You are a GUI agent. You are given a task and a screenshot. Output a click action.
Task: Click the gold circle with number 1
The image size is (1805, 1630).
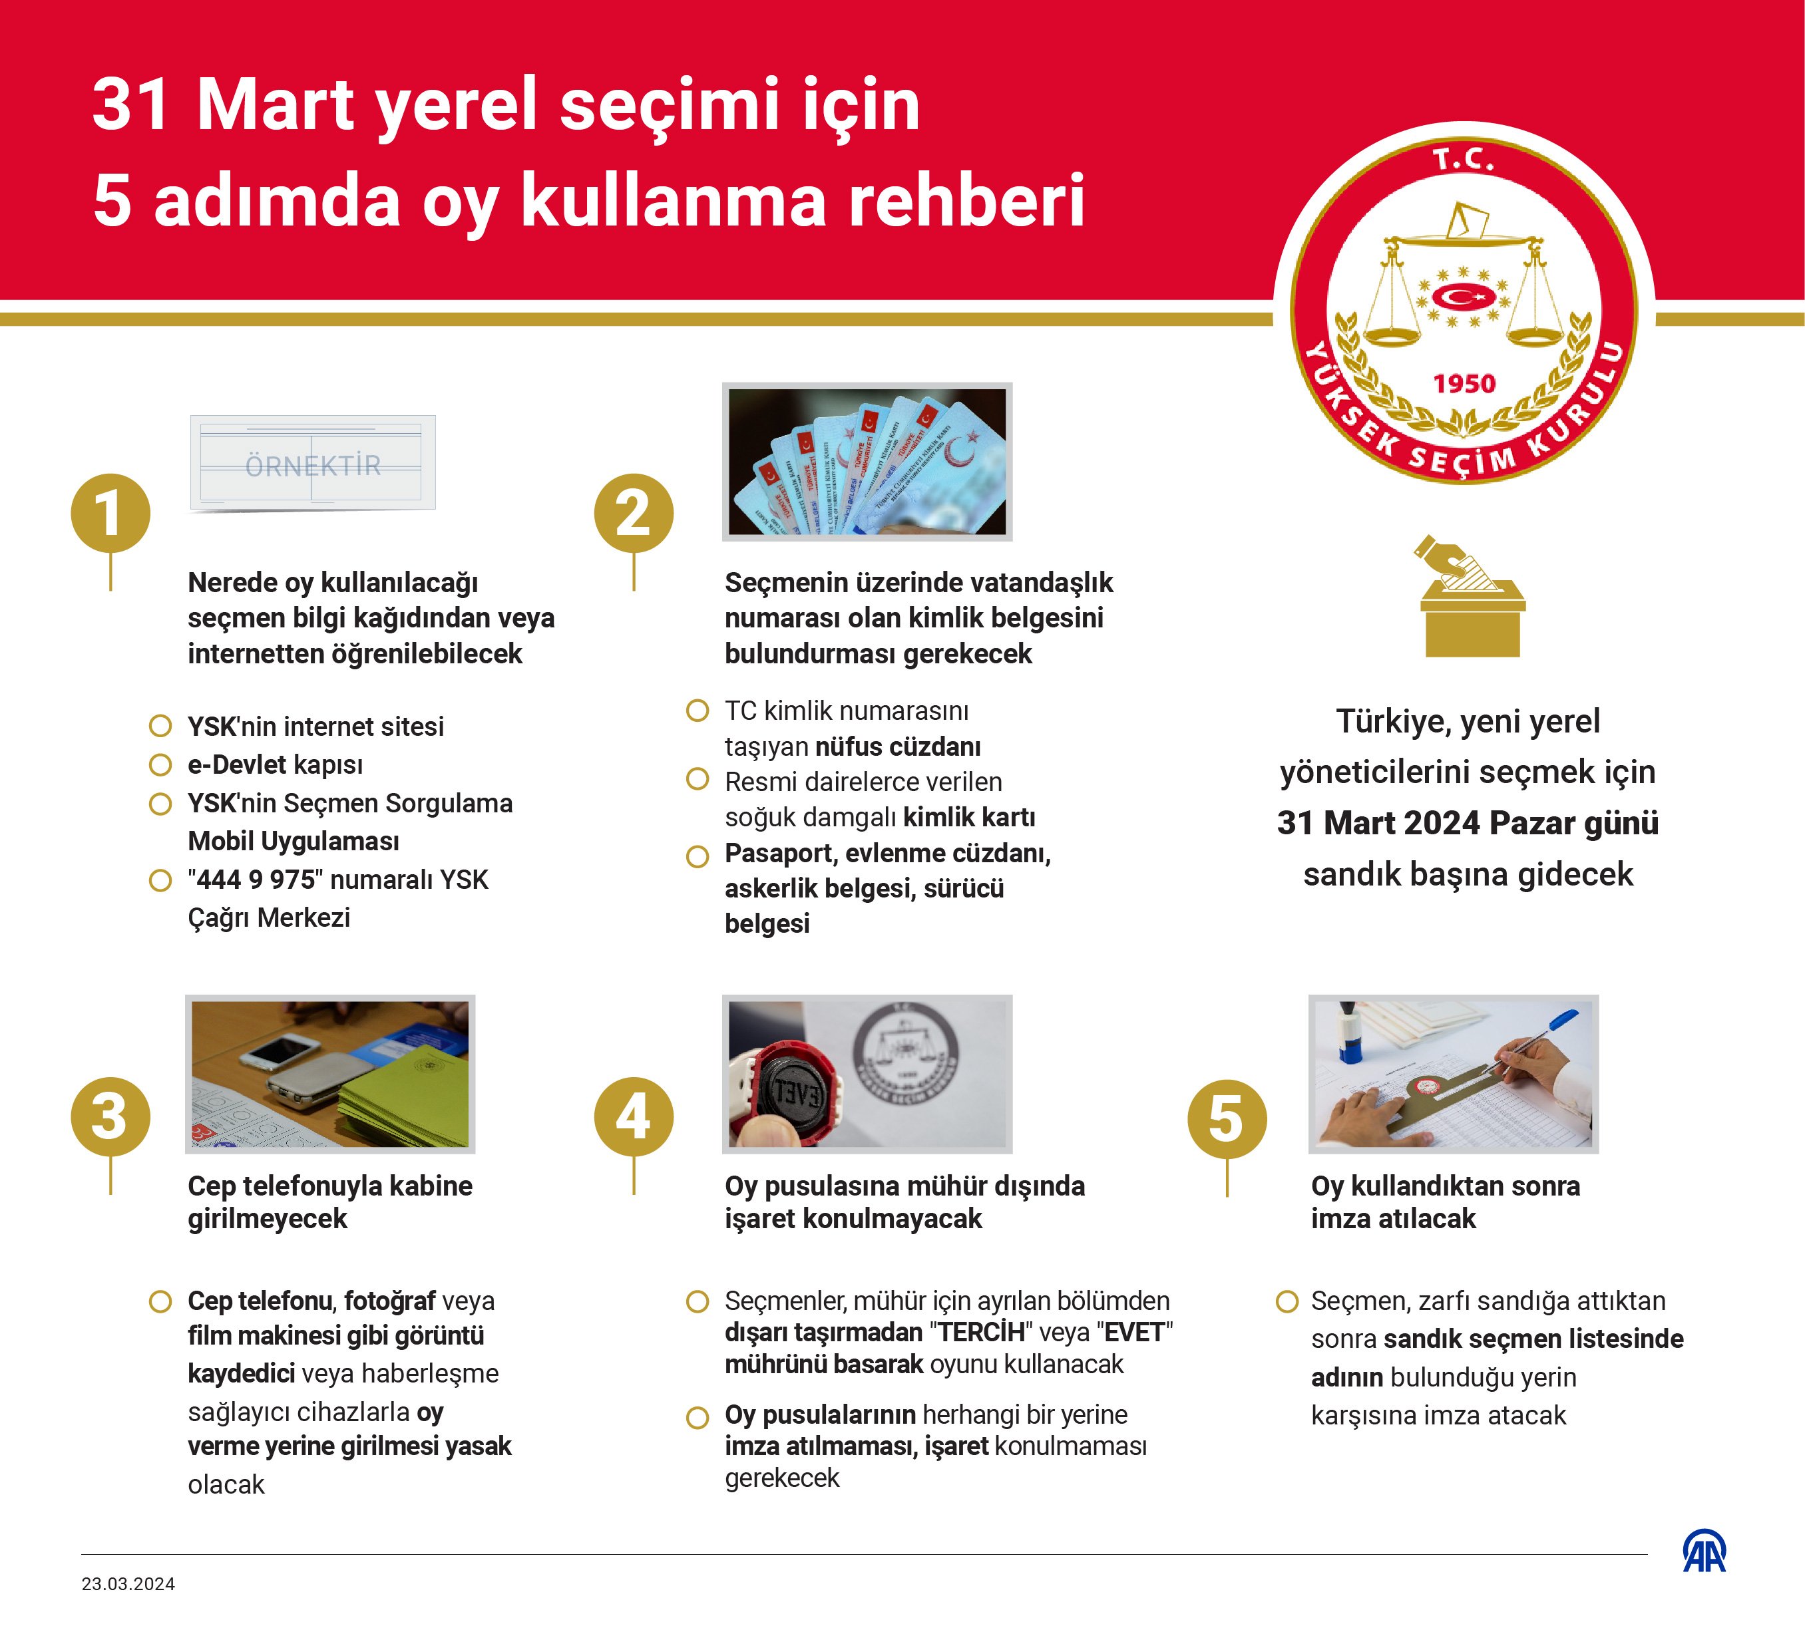[x=110, y=513]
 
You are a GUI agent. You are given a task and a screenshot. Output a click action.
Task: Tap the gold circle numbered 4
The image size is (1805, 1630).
[x=633, y=1116]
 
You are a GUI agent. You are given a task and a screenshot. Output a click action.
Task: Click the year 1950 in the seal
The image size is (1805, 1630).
[x=1464, y=384]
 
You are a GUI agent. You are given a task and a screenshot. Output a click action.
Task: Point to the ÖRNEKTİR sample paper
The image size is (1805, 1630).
[x=312, y=463]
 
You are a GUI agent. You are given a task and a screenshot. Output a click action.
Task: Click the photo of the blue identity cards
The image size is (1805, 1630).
[x=867, y=461]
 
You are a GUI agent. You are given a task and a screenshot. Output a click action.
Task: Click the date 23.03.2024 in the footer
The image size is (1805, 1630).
[x=128, y=1583]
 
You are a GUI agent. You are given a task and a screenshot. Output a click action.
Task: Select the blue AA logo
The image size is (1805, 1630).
[x=1704, y=1551]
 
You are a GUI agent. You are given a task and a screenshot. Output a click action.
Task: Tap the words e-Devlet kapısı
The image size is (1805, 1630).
[x=275, y=764]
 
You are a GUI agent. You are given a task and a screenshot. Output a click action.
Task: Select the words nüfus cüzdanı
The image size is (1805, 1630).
[x=897, y=746]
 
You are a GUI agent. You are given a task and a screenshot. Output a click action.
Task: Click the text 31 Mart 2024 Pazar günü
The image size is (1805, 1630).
[x=1468, y=822]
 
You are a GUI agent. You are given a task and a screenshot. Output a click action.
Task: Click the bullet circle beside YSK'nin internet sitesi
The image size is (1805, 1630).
[x=160, y=726]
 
